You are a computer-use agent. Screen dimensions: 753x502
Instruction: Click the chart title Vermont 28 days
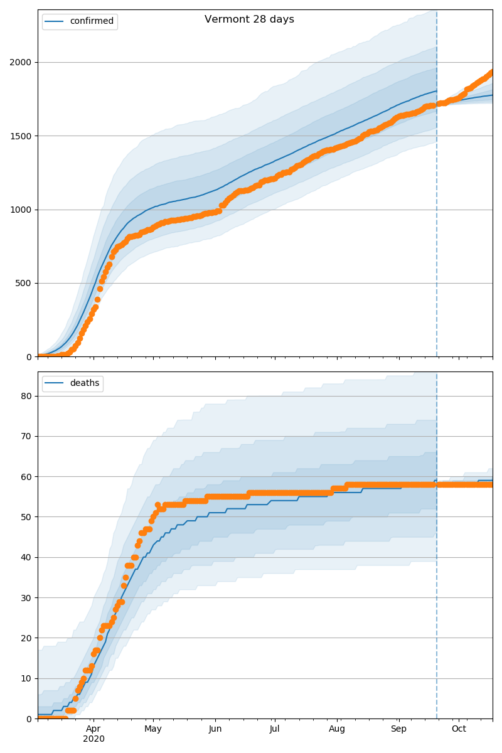coord(249,19)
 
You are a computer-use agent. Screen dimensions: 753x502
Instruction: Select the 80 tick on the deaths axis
coord(27,396)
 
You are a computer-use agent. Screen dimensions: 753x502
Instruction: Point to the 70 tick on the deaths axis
coord(27,436)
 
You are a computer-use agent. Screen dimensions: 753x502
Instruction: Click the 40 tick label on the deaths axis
coord(27,557)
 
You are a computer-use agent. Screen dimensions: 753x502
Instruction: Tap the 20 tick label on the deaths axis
coord(27,638)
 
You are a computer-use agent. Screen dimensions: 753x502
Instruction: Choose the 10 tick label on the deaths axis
coord(27,678)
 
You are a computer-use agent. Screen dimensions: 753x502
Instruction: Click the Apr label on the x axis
coord(93,729)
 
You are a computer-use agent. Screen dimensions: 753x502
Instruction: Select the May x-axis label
coord(153,729)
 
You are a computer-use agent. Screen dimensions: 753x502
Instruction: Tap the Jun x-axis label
coord(215,729)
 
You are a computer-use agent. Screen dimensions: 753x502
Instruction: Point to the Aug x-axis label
coord(337,729)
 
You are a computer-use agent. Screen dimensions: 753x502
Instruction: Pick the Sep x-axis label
coord(398,729)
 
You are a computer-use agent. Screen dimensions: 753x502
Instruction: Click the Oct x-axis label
coord(459,729)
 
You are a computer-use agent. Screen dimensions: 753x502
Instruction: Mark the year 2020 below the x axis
coord(93,739)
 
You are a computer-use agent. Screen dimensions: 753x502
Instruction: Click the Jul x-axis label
coord(274,729)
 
